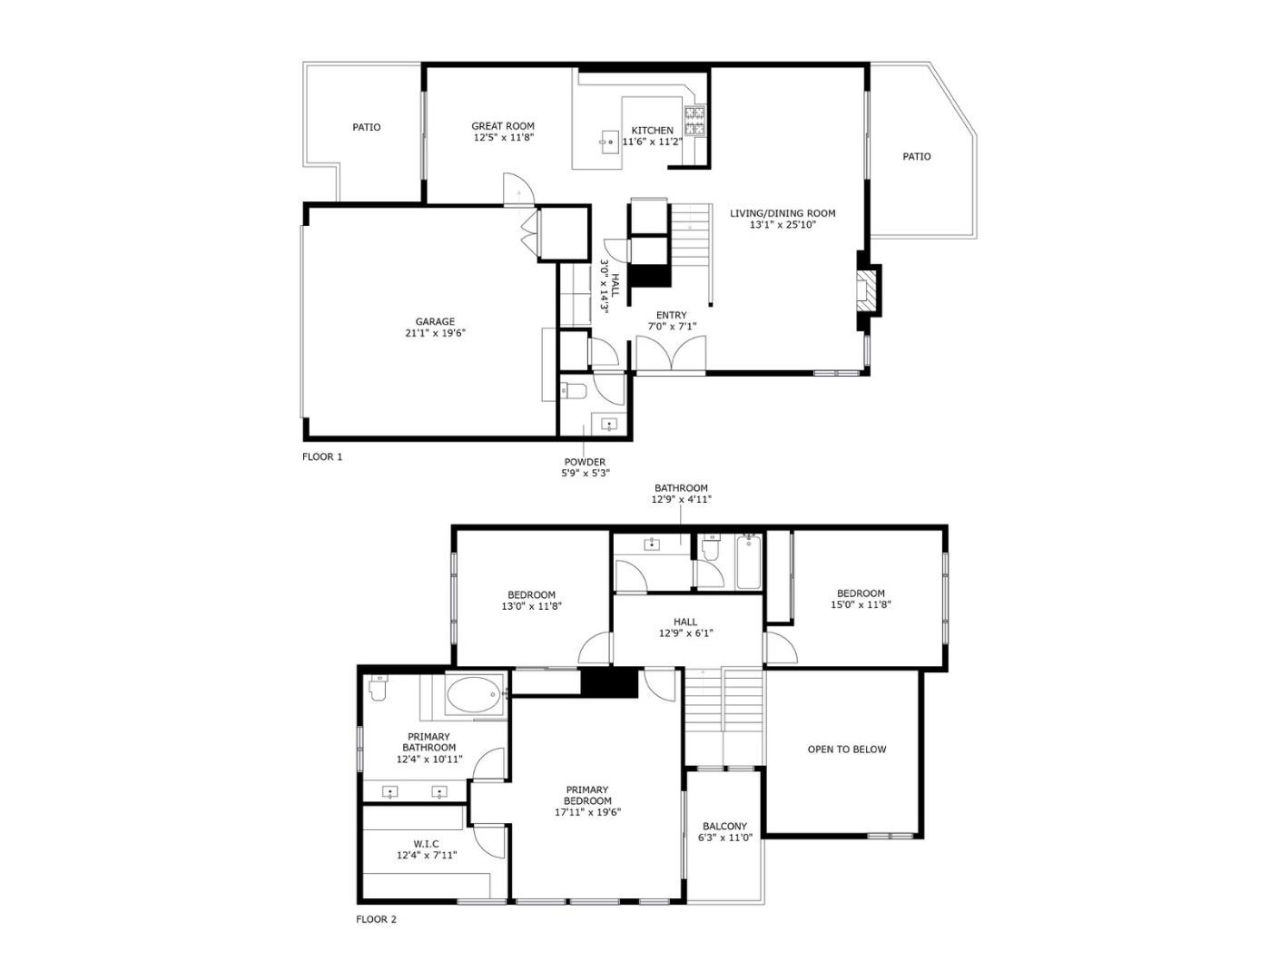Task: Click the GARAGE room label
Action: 435,321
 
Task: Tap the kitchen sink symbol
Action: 608,141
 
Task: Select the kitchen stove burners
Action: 695,121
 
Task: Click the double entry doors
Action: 670,354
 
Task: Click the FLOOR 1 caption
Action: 322,456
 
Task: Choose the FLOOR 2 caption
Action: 376,919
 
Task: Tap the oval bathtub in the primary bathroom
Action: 475,696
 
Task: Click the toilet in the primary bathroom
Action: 379,689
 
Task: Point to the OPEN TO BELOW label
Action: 846,750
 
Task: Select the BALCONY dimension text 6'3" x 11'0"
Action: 724,838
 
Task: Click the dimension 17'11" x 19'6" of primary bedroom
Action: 587,812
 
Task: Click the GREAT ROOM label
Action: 503,126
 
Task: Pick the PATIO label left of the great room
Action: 367,127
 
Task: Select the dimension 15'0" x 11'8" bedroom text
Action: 861,604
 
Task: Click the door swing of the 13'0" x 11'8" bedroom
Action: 596,648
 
